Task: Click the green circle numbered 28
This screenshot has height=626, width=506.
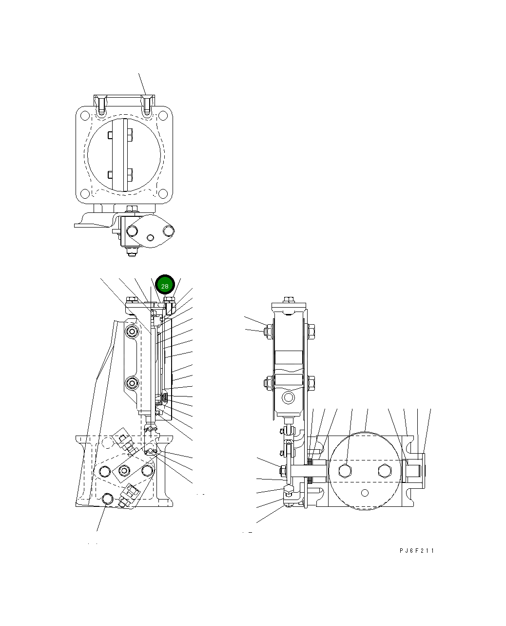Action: tap(165, 286)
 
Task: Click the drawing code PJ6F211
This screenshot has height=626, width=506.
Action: tap(416, 551)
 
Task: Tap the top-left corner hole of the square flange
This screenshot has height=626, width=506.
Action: tap(85, 116)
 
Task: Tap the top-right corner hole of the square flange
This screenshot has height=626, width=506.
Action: tap(162, 116)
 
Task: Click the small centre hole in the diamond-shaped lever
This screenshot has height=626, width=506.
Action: tap(150, 238)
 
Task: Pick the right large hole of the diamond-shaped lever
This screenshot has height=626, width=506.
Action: tap(169, 230)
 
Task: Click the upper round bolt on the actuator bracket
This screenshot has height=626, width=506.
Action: tap(132, 333)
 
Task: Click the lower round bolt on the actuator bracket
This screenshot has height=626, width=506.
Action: tap(132, 383)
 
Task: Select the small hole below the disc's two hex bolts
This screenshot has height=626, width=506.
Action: tap(364, 492)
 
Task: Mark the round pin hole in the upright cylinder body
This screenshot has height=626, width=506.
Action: tap(289, 398)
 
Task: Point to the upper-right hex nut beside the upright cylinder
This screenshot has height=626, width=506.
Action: tap(311, 331)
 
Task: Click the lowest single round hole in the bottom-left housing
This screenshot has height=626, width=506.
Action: tap(108, 498)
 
